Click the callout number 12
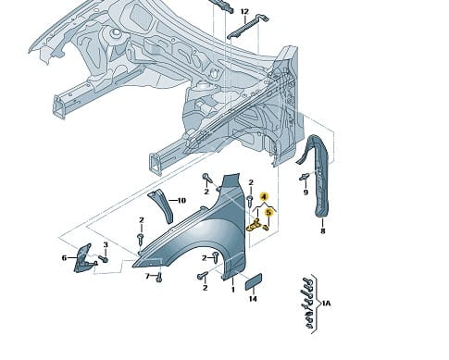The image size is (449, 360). pos(244,12)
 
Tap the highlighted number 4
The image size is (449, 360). pos(264,196)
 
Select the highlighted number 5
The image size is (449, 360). pos(268,212)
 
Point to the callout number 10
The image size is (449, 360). pos(181,201)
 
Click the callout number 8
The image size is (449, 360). pos(323,230)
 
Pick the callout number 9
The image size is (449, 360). pos(306,192)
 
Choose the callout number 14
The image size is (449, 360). pos(253,299)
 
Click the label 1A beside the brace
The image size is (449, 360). pos(326,304)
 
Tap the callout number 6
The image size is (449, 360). pos(64,257)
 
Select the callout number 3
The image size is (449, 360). pos(106,245)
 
